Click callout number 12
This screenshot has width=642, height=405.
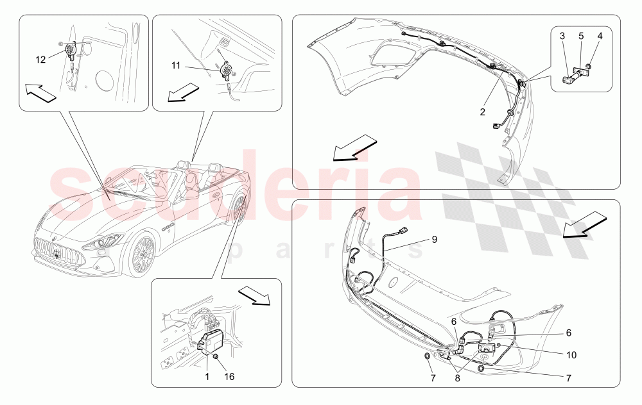(40, 60)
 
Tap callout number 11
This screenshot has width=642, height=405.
(176, 65)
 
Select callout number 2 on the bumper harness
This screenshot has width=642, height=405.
(482, 112)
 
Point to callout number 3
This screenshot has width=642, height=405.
(562, 36)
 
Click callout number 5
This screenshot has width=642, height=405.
(581, 36)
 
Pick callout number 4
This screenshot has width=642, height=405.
(600, 36)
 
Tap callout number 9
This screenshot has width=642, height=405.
(435, 239)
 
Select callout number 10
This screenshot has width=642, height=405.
(571, 355)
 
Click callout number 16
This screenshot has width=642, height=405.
(229, 376)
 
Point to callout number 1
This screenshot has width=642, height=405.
(207, 376)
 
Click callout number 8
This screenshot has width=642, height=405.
(457, 379)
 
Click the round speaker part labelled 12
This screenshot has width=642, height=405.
(71, 50)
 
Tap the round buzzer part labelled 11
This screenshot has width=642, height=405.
(225, 69)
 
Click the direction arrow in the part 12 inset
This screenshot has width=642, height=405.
(40, 93)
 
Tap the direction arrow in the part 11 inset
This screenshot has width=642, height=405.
(183, 92)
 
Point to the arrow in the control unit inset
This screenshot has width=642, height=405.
(254, 295)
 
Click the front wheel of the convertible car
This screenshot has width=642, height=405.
(141, 255)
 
